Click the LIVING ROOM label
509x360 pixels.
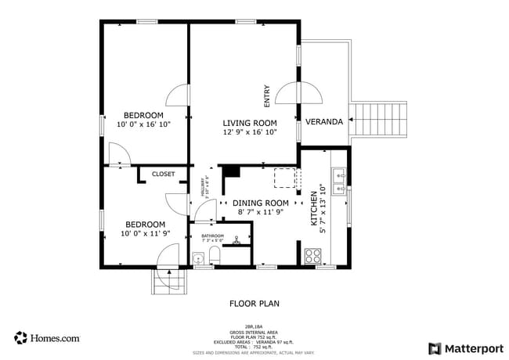(250, 123)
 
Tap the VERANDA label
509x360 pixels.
(323, 122)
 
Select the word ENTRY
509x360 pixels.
(267, 95)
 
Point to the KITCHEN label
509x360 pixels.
(315, 206)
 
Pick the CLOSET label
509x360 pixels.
(163, 174)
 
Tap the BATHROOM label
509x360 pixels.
(212, 236)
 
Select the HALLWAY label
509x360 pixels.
(202, 189)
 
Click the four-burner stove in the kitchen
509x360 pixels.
(313, 255)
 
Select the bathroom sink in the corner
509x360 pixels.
(197, 258)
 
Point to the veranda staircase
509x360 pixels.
(380, 120)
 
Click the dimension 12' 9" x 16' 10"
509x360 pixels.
(250, 133)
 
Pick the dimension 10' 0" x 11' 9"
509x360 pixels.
(145, 233)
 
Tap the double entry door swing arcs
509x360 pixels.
(298, 94)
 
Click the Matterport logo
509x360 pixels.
(465, 348)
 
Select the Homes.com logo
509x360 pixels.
(47, 338)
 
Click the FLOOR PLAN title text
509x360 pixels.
(254, 303)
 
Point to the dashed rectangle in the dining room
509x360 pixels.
(285, 178)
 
